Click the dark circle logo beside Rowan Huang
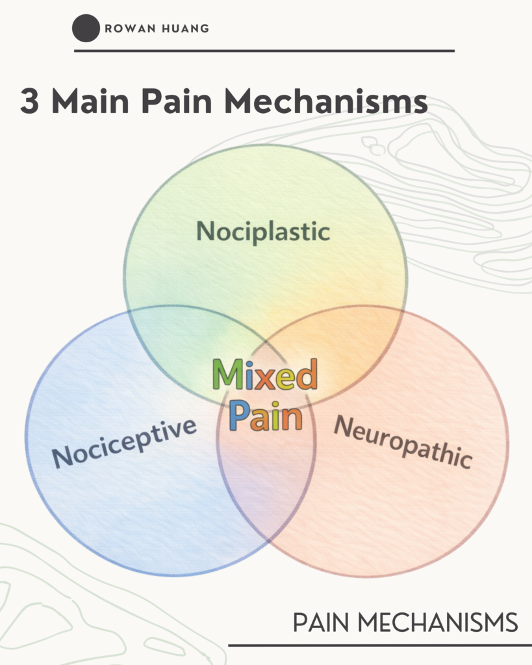86,29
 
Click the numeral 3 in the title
31,102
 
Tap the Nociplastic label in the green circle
263,231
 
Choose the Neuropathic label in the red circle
403,442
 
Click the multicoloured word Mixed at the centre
265,374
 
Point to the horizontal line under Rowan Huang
264,51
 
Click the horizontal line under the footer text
379,646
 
